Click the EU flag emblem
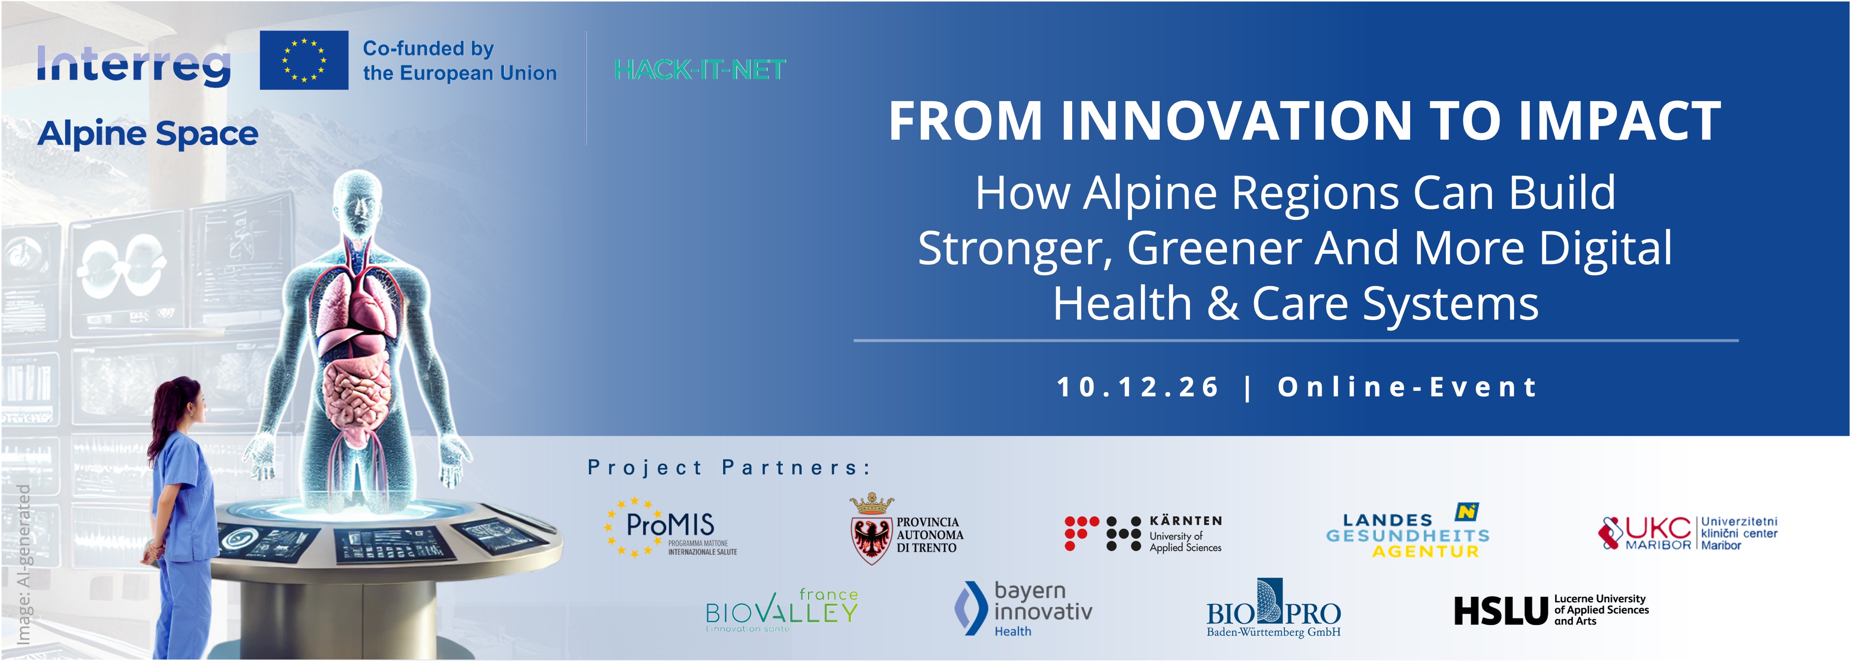(304, 60)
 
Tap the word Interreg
(134, 65)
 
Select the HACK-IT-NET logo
(700, 70)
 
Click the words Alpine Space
(148, 134)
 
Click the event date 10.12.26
(1138, 387)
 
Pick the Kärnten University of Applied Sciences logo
(1143, 533)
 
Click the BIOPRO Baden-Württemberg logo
(1273, 608)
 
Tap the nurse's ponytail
(159, 420)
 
